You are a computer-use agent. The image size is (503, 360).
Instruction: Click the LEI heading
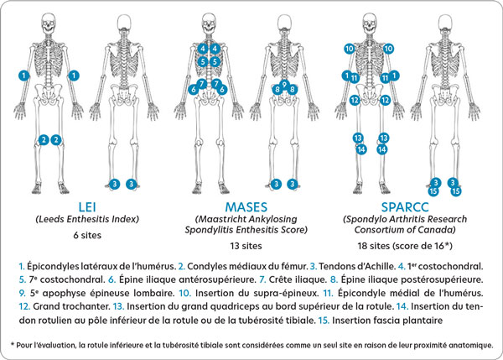coord(87,207)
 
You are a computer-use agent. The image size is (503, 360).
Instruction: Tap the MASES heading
coord(246,207)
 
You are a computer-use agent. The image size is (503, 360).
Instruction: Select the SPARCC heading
coord(405,207)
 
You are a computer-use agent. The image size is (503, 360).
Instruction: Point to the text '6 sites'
coord(87,235)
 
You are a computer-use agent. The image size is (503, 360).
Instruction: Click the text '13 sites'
coord(246,246)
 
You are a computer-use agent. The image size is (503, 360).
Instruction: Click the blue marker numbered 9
coord(284,85)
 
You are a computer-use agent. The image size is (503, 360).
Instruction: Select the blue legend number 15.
coord(324,321)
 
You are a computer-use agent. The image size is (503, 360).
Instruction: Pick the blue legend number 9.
coord(23,293)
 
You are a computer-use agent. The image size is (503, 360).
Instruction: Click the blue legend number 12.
coord(24,306)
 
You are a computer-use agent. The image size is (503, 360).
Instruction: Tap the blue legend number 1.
coord(22,266)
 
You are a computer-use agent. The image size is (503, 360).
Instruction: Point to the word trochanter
coord(86,306)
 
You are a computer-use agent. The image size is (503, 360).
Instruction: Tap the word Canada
coord(440,230)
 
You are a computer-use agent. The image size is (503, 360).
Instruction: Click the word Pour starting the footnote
coord(23,346)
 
